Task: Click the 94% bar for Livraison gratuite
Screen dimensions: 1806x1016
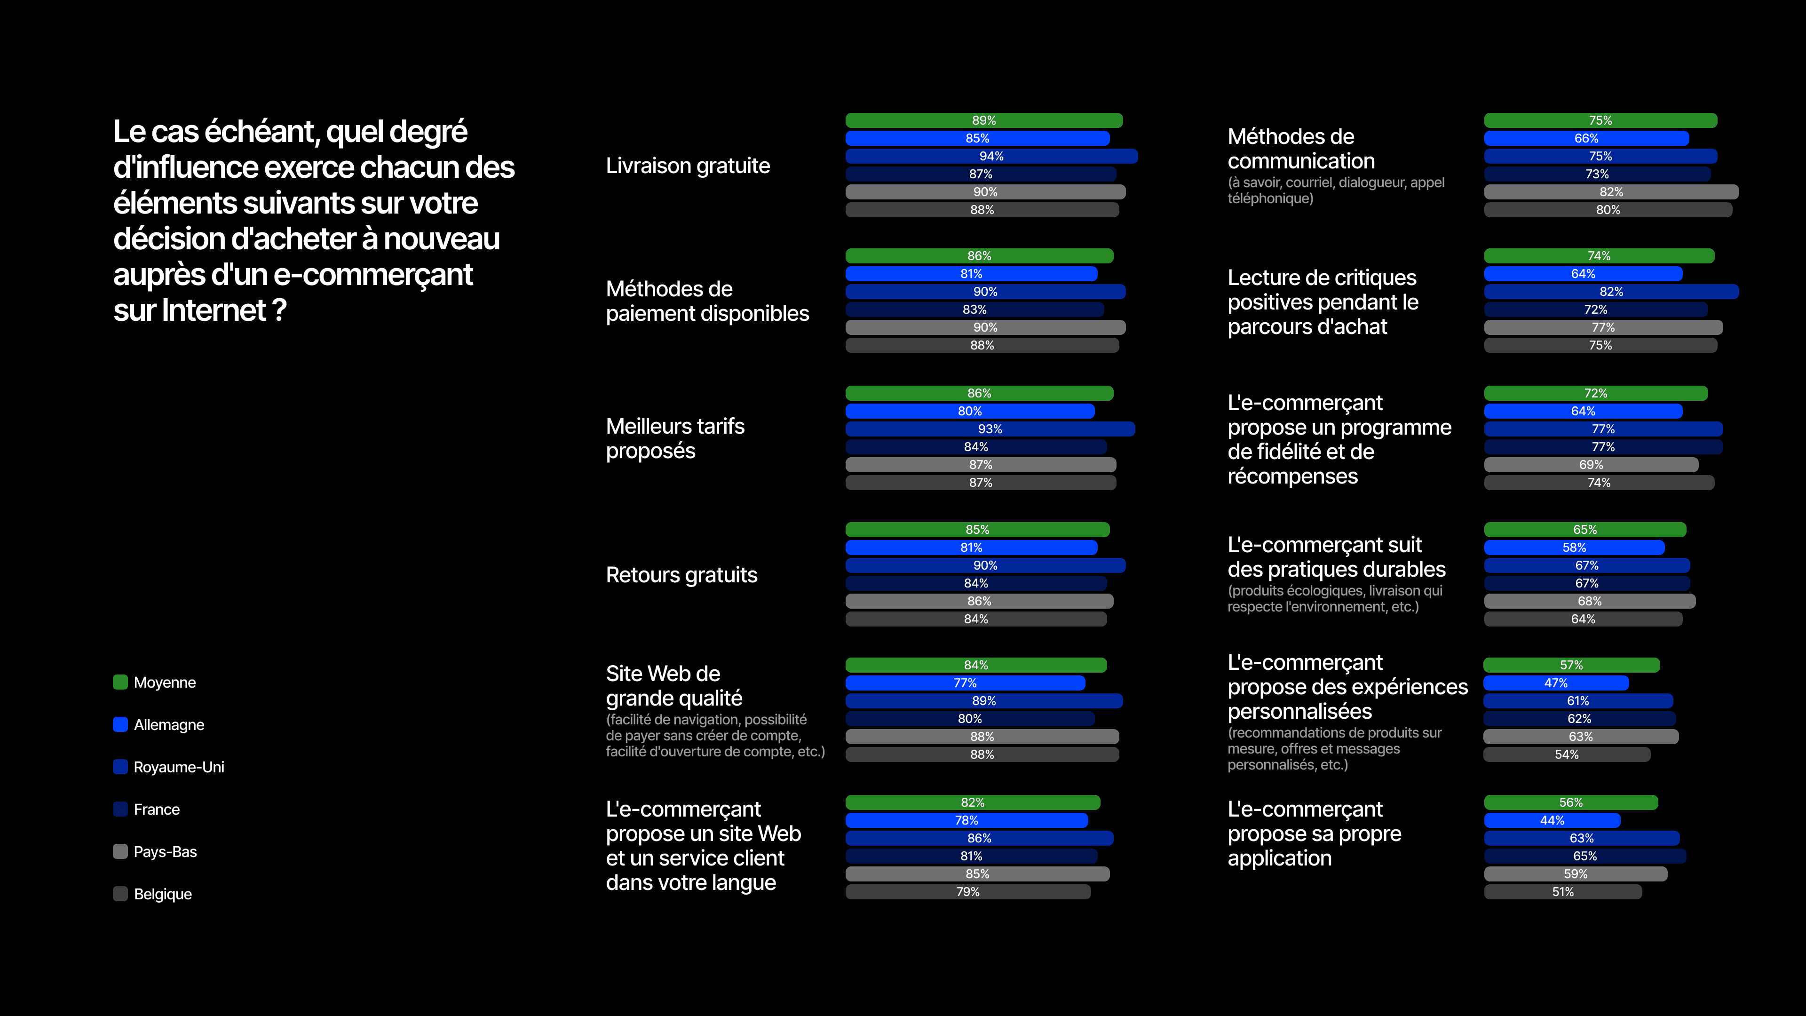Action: [x=991, y=156]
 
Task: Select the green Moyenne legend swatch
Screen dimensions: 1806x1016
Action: [x=120, y=682]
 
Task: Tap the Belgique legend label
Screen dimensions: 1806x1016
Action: [x=163, y=894]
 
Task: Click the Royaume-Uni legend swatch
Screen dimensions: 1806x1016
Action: [x=120, y=766]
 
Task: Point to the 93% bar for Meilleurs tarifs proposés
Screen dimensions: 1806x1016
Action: [x=990, y=429]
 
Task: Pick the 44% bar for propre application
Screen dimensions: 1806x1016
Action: [x=1552, y=820]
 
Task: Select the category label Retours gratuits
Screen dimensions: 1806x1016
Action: [x=681, y=575]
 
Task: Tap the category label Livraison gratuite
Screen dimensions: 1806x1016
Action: [x=688, y=166]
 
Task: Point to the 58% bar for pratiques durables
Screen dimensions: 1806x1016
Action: [x=1574, y=548]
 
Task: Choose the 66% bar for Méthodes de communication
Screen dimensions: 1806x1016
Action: [x=1586, y=139]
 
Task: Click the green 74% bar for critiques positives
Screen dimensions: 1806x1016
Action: [x=1599, y=256]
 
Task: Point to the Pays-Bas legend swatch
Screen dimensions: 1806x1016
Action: [x=120, y=851]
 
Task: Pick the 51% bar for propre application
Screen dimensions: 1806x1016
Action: [x=1563, y=892]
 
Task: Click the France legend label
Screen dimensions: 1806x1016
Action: [x=156, y=809]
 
